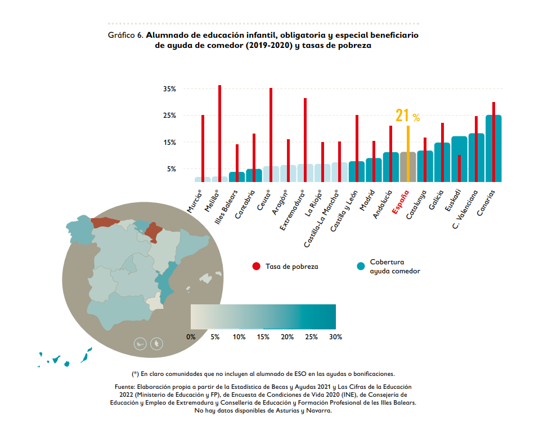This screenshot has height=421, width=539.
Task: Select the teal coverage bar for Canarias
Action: click(493, 149)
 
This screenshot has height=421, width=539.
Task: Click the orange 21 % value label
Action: click(407, 116)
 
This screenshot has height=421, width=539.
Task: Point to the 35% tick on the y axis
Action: click(169, 89)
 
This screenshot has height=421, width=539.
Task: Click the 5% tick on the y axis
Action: click(170, 169)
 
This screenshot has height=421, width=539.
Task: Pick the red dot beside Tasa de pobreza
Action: click(256, 266)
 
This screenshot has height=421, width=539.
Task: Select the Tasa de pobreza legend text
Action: click(291, 267)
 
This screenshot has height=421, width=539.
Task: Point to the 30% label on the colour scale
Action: click(335, 337)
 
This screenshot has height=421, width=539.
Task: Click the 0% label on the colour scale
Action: click(191, 337)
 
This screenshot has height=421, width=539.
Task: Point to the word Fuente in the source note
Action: click(125, 387)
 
